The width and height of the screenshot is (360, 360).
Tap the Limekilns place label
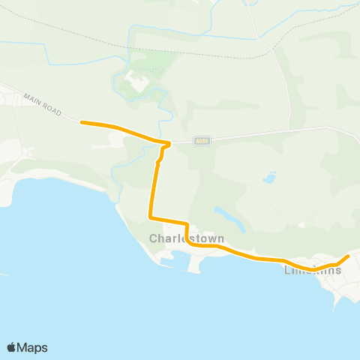pos(313,271)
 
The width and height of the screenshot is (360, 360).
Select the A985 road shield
pos(202,139)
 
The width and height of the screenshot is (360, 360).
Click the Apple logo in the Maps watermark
pos(12,347)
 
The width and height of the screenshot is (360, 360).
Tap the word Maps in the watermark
pos(33,347)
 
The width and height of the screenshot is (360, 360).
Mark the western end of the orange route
pos(82,122)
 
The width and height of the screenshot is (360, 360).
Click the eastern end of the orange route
pos(347,257)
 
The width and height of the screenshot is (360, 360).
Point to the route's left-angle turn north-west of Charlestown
pos(151,217)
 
